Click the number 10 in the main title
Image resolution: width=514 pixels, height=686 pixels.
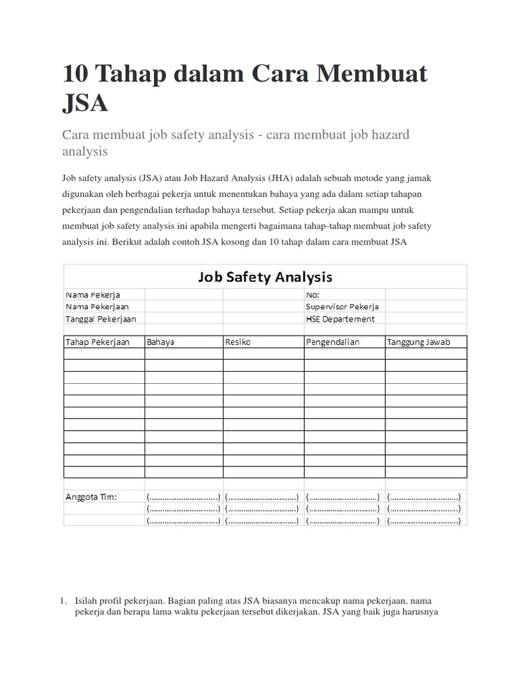click(78, 74)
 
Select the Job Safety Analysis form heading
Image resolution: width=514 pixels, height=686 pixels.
click(265, 277)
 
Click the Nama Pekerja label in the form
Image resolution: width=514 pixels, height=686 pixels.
click(93, 294)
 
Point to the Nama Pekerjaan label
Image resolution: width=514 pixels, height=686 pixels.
click(97, 306)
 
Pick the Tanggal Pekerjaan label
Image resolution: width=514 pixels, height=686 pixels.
click(100, 319)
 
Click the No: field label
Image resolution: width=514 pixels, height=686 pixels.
click(313, 294)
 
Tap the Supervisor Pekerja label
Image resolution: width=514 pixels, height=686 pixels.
click(342, 306)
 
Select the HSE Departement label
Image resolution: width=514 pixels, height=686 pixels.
click(340, 319)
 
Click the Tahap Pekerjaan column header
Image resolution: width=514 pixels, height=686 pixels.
click(97, 342)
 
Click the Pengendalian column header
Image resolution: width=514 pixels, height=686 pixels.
click(333, 342)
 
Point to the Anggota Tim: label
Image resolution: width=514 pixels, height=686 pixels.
click(91, 496)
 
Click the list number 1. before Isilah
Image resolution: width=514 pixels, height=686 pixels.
click(65, 601)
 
